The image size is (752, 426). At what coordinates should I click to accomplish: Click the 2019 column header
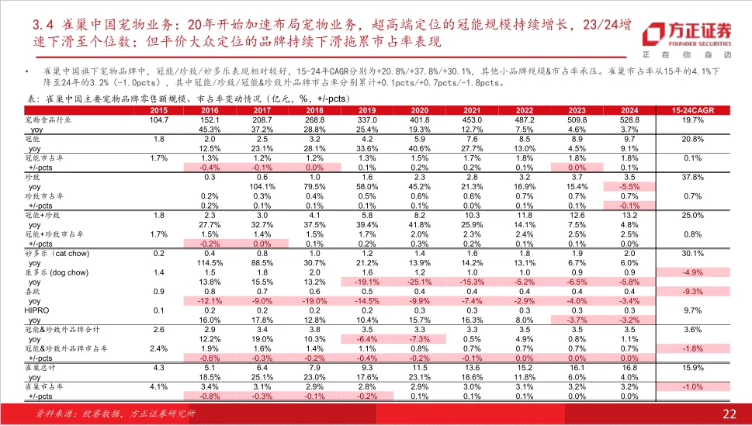coord(367,110)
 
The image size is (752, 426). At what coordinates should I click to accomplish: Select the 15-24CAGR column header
coord(692,110)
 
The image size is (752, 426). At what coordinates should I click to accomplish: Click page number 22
coord(729,414)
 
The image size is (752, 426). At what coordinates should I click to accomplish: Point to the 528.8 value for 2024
coord(629,120)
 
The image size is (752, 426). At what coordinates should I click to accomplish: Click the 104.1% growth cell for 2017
coord(262,186)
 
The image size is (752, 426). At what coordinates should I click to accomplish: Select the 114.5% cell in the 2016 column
coord(210,263)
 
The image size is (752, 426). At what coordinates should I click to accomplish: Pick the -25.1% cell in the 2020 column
coord(420,282)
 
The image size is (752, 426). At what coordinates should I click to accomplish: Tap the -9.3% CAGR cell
coord(692,291)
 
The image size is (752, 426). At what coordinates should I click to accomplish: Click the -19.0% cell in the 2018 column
coord(314,301)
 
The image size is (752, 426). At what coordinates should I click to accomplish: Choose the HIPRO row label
coord(36,310)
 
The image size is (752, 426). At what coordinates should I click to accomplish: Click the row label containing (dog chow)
coord(57,272)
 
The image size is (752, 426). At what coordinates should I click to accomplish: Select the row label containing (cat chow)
coord(57,253)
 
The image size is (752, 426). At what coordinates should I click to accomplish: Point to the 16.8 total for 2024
coord(629,368)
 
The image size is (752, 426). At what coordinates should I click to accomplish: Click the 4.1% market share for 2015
coord(159,386)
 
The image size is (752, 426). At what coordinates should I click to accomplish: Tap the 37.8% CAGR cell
coord(692,177)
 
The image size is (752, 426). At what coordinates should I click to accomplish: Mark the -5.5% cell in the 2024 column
coord(629,186)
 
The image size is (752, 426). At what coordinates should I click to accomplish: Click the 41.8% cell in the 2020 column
coord(420,224)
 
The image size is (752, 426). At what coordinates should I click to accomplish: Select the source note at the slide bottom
coord(116,414)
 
